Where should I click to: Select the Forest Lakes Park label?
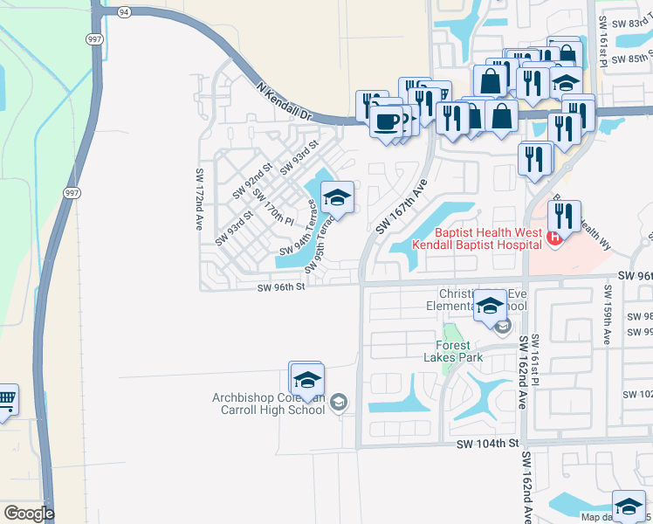tap(453, 350)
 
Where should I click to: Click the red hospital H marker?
tap(552, 237)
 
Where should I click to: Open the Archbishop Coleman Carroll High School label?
tap(269, 403)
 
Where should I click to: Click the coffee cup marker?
tap(385, 121)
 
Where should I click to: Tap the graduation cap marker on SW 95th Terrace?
tap(336, 198)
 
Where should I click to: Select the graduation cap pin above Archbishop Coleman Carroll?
tap(306, 380)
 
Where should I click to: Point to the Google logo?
tap(28, 514)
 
